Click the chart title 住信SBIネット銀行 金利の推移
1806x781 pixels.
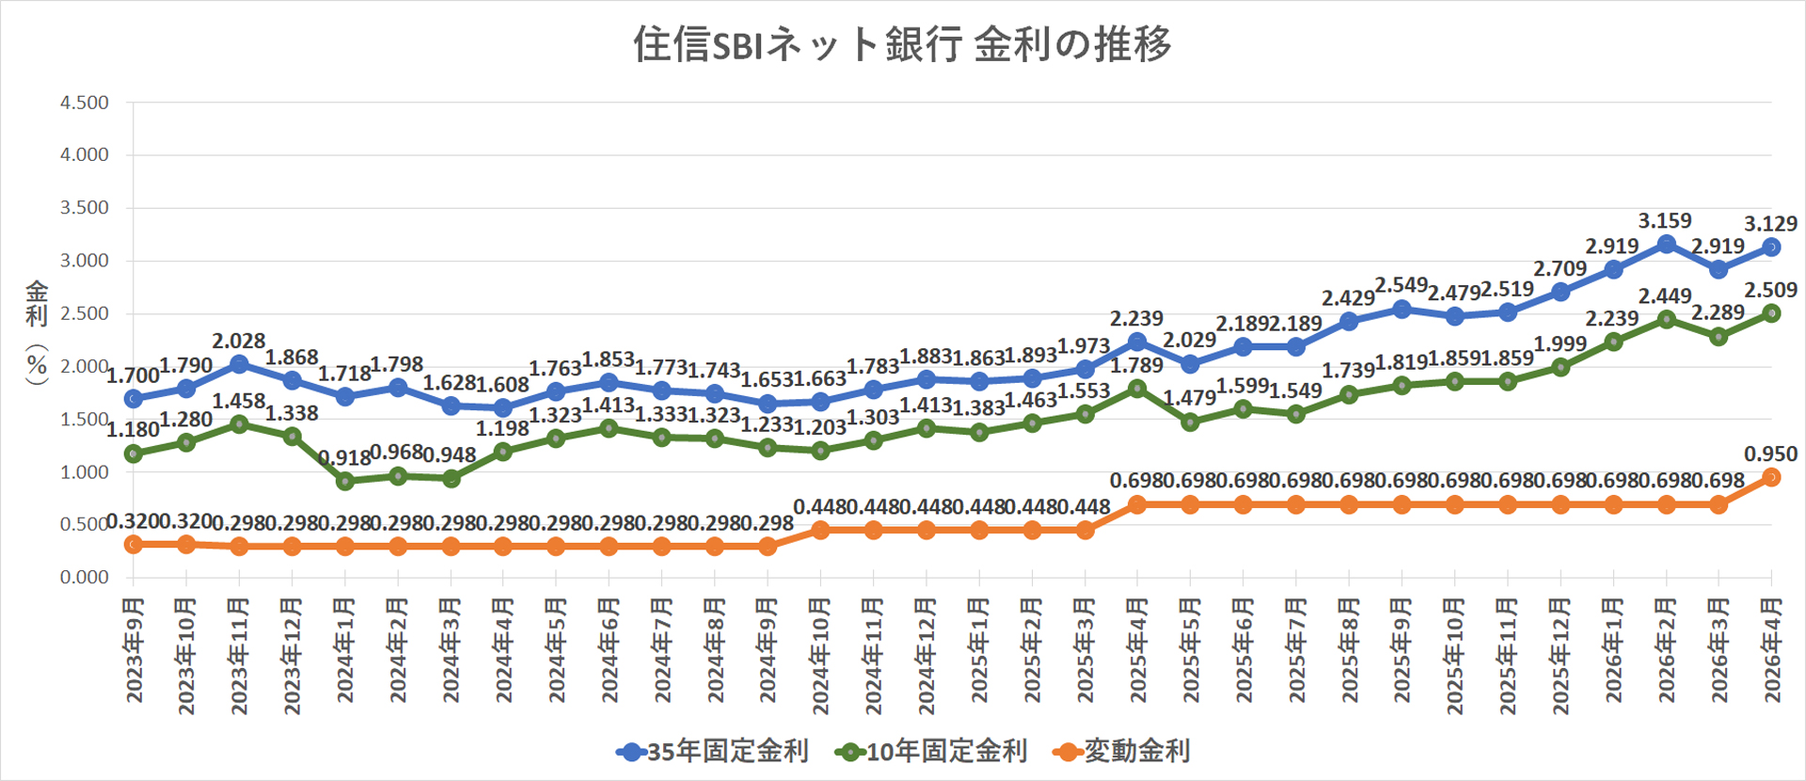point(902,44)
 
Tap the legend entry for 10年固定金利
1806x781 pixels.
point(931,751)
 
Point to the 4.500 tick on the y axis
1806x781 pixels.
point(85,103)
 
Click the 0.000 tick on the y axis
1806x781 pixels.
point(85,577)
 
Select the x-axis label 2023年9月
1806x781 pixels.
point(135,649)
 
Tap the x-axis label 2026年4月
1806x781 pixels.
point(1772,649)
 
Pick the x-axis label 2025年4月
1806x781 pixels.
point(1137,649)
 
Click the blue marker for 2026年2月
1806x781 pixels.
point(1666,245)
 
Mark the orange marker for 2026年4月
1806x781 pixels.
point(1771,478)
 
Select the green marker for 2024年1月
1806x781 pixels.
point(344,481)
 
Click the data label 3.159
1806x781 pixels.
point(1665,221)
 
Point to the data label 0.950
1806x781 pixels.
point(1770,454)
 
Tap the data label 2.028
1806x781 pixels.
point(238,341)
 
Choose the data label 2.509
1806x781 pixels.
point(1770,290)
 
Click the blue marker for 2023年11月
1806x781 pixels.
point(239,364)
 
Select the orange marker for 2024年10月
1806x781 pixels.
point(820,530)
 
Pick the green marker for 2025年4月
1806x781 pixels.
point(1137,389)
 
